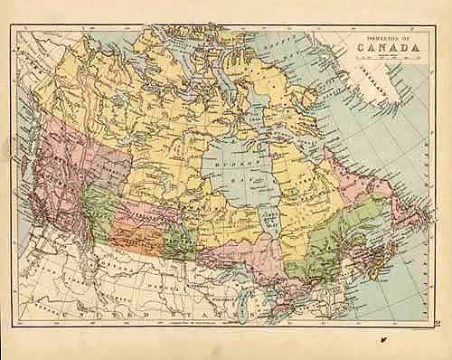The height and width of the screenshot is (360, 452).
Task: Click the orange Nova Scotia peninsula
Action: coord(380,271)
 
